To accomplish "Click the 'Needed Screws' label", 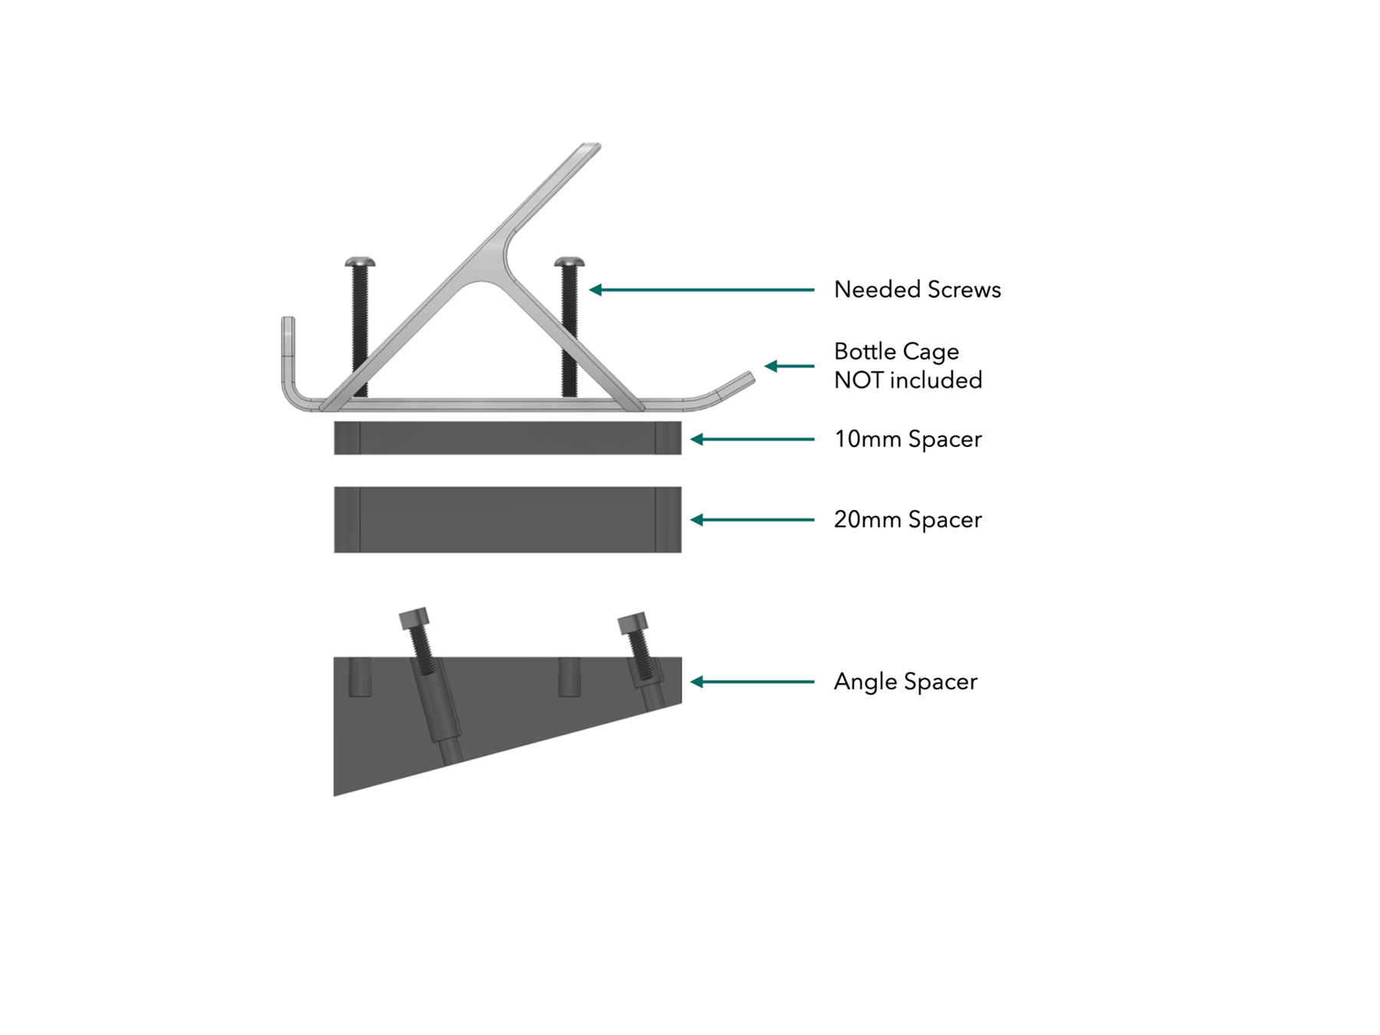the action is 917,290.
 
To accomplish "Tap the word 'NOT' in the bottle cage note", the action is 859,380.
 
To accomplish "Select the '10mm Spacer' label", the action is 908,439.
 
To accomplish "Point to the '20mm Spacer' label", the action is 908,520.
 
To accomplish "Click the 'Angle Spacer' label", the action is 905,682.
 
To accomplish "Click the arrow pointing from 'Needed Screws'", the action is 701,290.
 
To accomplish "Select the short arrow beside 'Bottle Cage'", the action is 790,366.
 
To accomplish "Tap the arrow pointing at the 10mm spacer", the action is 752,439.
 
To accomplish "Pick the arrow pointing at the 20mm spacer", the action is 752,520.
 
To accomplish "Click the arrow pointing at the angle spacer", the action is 752,682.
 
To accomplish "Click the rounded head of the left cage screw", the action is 360,262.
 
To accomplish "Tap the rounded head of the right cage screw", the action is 569,262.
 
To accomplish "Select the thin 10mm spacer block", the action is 508,438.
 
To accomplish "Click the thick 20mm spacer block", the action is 508,519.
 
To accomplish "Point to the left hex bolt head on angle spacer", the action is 414,618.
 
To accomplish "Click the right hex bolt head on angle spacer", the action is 633,623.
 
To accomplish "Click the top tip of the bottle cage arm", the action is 591,145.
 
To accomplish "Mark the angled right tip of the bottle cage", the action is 747,377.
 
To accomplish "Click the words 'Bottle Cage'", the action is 896,351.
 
